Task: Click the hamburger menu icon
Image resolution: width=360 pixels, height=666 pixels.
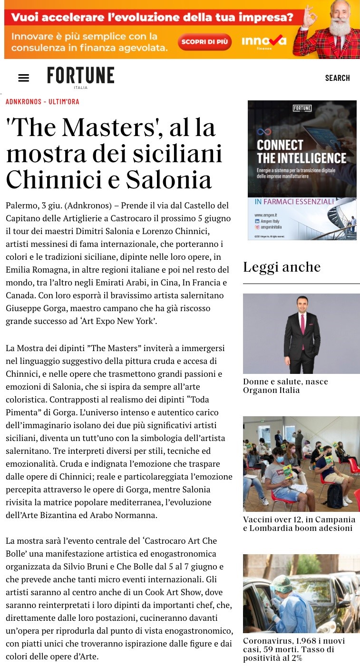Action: (x=23, y=78)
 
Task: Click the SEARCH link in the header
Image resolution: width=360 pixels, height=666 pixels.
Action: (x=337, y=78)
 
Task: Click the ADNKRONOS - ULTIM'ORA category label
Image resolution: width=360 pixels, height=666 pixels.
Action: (x=42, y=102)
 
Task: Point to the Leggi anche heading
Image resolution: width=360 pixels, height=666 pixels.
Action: (x=282, y=267)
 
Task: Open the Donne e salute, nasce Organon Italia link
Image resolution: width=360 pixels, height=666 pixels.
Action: (x=285, y=386)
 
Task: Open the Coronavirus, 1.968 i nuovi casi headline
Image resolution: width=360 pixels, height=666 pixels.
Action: (x=294, y=649)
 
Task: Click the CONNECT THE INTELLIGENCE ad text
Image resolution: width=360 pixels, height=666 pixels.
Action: (x=302, y=151)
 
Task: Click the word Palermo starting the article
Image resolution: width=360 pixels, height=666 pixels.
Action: (x=21, y=206)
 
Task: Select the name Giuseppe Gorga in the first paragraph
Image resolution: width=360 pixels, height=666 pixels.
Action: (x=37, y=308)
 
